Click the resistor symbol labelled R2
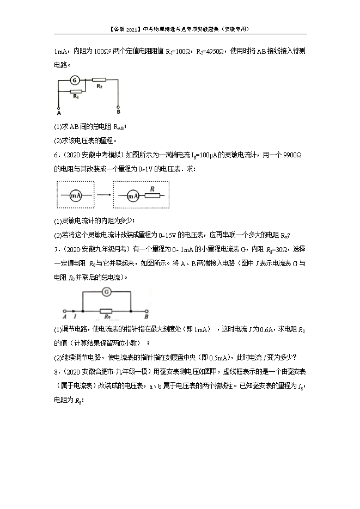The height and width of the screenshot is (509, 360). click(x=99, y=79)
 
